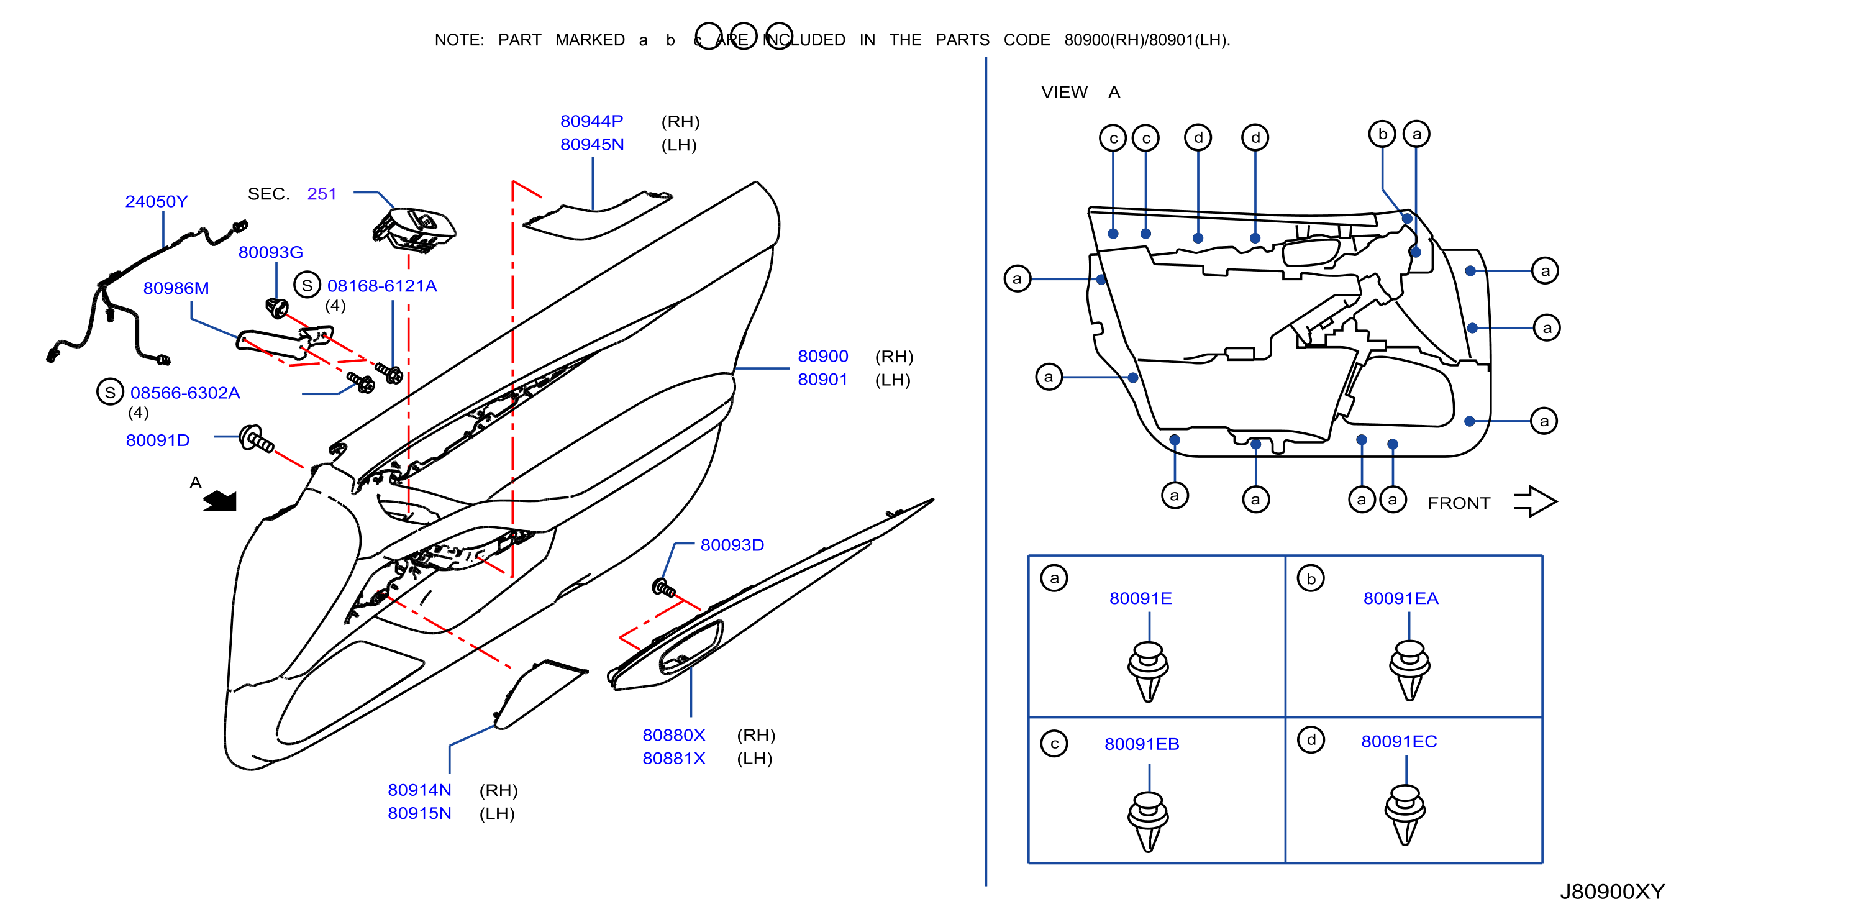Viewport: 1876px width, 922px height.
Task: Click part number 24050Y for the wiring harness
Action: pos(156,201)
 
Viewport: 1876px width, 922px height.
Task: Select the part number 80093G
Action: pos(270,252)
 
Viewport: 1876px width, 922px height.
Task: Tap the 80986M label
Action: pos(176,288)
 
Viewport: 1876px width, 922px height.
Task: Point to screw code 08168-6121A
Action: pos(381,286)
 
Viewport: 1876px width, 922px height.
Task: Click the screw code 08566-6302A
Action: pos(185,393)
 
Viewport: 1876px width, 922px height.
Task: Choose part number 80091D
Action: pos(157,440)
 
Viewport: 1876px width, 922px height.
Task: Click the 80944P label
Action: pos(591,121)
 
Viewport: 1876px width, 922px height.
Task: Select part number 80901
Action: pos(822,380)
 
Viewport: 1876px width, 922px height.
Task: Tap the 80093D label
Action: pos(732,545)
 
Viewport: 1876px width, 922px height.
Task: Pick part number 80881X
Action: pos(673,758)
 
